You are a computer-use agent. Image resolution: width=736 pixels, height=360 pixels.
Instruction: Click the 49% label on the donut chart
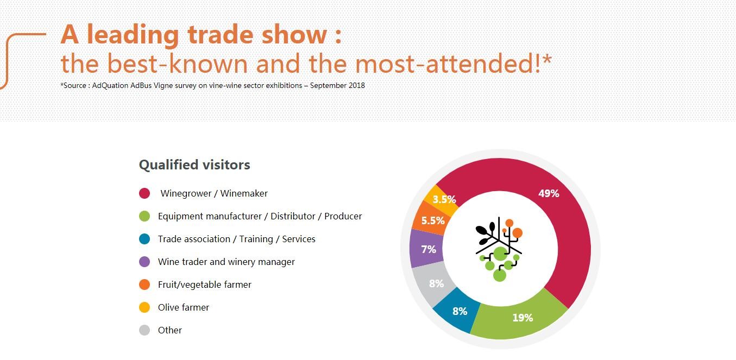click(549, 193)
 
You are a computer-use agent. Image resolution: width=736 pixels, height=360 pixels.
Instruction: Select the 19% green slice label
click(523, 318)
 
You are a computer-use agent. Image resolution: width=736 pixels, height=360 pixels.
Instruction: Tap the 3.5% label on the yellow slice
click(444, 199)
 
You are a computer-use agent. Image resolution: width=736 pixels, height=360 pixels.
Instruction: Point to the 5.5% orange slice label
click(433, 220)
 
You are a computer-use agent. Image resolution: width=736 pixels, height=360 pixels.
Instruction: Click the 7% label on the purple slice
click(429, 249)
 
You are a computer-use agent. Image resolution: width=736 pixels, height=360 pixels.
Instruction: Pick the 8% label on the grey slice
click(436, 283)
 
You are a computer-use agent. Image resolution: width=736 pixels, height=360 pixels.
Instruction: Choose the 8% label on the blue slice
click(460, 311)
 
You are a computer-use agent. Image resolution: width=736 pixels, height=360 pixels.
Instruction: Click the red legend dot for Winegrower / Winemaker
click(144, 193)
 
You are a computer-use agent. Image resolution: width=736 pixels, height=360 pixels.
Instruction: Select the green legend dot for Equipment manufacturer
click(144, 216)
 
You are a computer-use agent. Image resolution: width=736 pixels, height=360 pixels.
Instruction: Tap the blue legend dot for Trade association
click(144, 239)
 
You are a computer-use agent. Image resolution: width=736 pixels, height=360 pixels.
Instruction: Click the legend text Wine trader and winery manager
click(227, 262)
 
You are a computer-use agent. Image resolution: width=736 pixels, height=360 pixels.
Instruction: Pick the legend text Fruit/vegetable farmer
click(205, 285)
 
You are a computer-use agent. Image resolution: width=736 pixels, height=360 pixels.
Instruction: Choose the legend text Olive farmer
click(184, 307)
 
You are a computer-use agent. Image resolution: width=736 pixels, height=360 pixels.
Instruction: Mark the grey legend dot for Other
click(144, 330)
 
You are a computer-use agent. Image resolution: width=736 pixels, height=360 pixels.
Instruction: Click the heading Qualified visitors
click(194, 165)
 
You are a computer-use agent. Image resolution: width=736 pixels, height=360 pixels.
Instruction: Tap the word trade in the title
click(221, 35)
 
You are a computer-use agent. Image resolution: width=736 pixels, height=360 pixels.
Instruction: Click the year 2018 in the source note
click(357, 85)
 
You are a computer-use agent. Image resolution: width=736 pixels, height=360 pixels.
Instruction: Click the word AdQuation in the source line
click(110, 86)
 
